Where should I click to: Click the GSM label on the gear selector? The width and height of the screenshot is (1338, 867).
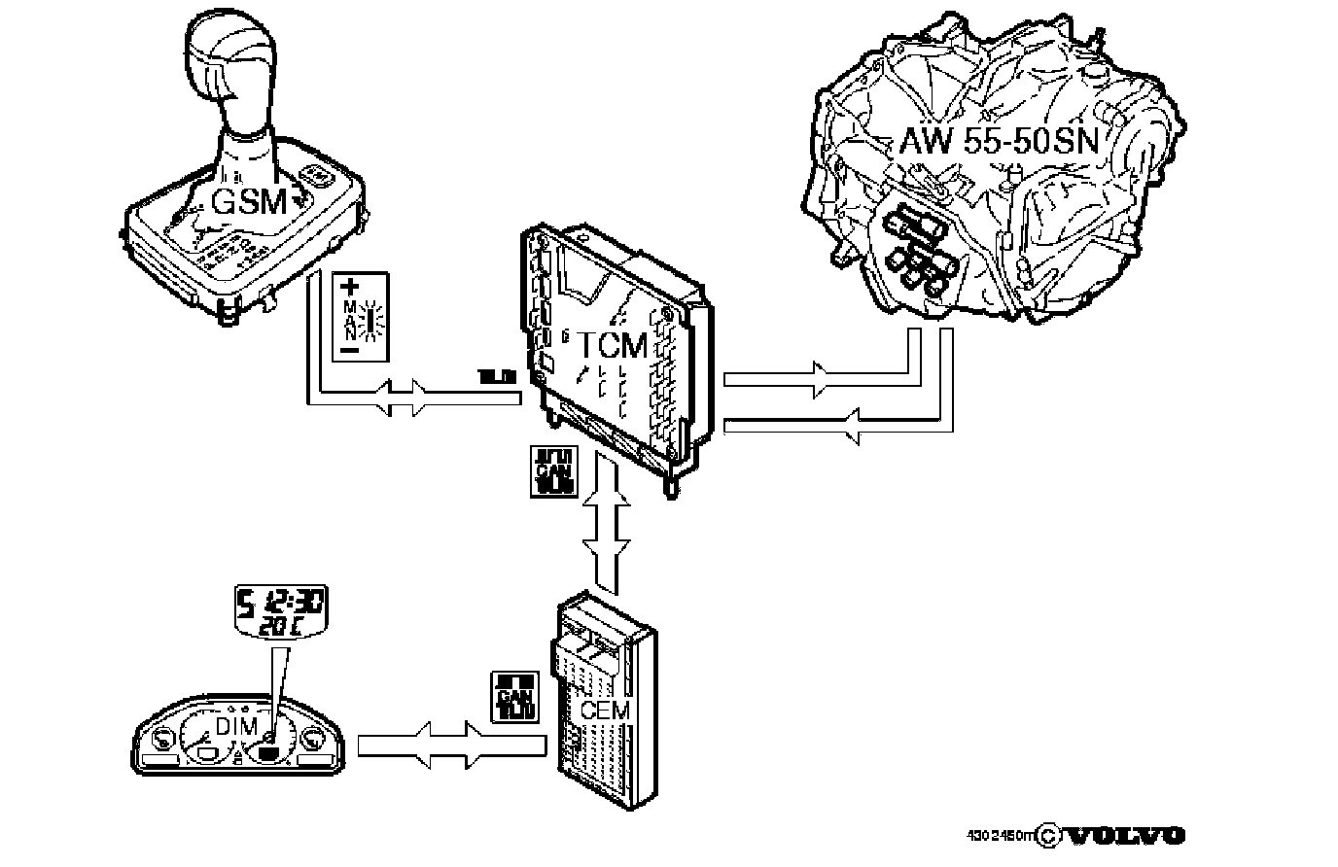click(250, 202)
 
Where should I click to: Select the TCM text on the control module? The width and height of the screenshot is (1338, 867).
click(614, 345)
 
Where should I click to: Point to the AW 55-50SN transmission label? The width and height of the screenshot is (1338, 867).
click(999, 142)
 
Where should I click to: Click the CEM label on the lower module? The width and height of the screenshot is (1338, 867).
click(605, 711)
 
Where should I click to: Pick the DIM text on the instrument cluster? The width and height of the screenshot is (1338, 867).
click(236, 727)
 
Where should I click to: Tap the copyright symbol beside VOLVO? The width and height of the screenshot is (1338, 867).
click(1048, 836)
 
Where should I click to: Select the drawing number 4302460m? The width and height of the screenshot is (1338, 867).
click(1001, 836)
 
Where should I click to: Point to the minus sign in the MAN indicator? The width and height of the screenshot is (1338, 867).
click(349, 348)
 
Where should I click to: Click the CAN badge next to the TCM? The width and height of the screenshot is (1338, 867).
click(554, 472)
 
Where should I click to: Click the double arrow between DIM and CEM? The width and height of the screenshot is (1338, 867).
click(448, 745)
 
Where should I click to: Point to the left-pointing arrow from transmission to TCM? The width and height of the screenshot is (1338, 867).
click(850, 424)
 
